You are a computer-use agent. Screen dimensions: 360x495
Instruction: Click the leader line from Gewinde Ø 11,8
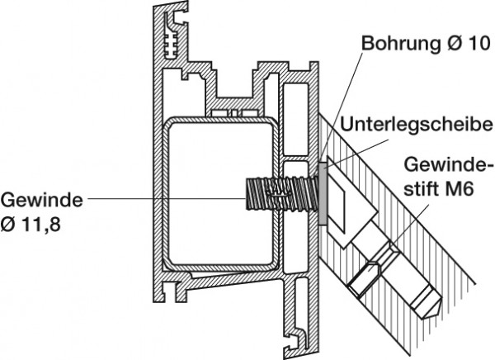pos(165,199)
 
